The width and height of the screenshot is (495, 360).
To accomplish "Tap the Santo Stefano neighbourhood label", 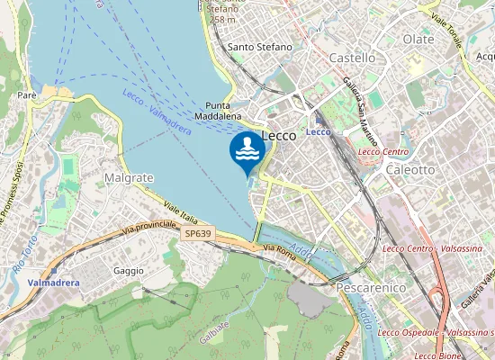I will (x=260, y=47).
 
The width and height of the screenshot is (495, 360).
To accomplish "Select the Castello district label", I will (x=353, y=58).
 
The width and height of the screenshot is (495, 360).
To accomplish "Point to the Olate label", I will (x=418, y=40).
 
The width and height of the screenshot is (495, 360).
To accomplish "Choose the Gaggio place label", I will (x=129, y=271).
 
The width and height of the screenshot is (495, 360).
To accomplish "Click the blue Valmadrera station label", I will (x=53, y=283).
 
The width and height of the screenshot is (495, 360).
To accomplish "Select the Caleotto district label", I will (x=410, y=169).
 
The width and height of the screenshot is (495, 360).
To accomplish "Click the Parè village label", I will (x=25, y=94).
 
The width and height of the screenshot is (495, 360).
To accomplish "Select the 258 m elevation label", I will (x=221, y=19).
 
